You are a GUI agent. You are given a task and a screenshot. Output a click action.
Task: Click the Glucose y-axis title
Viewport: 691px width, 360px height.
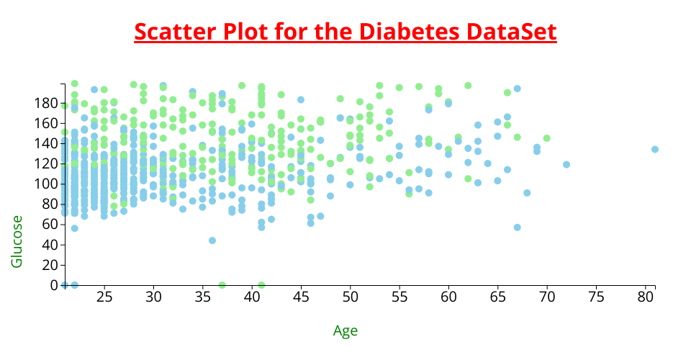(x=17, y=241)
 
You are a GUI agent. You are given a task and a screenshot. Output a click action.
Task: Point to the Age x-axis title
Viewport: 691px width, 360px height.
(x=345, y=330)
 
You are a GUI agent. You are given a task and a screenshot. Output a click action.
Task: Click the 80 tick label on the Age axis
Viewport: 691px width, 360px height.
(x=646, y=297)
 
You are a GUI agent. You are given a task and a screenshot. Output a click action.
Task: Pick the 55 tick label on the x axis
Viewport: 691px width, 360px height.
(x=399, y=297)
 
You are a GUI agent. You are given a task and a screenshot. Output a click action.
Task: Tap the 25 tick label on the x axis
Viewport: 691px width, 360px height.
(x=104, y=297)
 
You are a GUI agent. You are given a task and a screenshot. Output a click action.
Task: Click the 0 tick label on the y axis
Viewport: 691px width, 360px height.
(x=55, y=285)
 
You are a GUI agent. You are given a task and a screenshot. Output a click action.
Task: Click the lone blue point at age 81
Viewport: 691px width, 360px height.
(x=655, y=149)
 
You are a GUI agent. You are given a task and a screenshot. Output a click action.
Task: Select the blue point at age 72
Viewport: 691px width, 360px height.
(x=566, y=164)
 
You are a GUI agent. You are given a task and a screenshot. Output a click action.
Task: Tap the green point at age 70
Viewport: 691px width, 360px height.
(x=547, y=138)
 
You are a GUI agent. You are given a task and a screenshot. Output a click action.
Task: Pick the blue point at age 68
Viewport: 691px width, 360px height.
(x=527, y=193)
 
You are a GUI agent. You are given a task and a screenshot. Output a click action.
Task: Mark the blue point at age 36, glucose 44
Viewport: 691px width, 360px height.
(x=212, y=240)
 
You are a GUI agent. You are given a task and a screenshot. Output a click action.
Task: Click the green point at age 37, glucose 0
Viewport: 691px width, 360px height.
(x=222, y=285)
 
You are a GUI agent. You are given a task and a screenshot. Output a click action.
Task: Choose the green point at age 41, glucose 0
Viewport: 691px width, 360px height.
(x=261, y=285)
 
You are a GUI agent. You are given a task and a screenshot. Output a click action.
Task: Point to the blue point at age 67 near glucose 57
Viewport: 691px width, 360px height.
(x=518, y=228)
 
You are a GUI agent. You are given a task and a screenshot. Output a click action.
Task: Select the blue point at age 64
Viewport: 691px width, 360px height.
(x=488, y=163)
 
